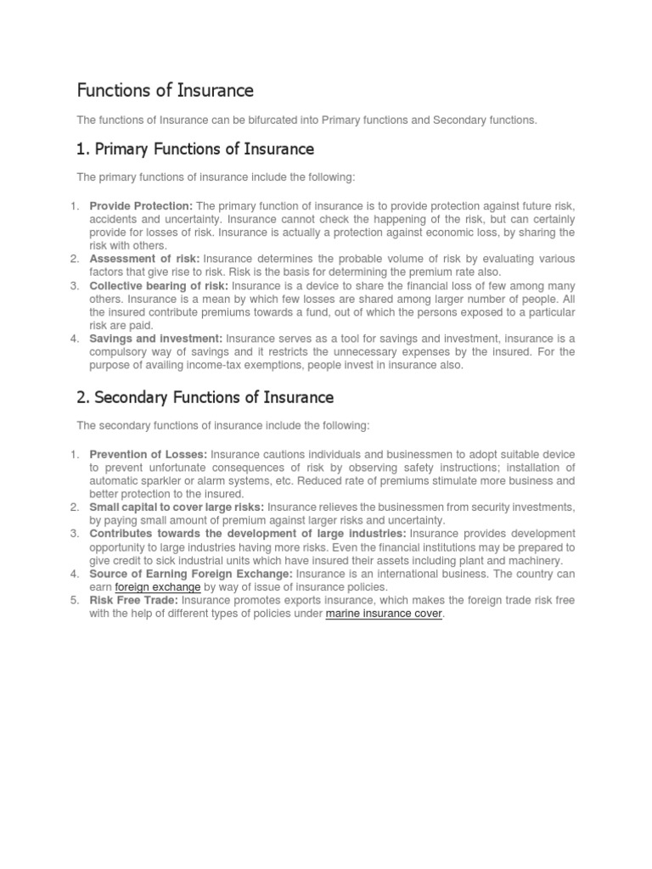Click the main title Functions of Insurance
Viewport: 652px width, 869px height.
[166, 90]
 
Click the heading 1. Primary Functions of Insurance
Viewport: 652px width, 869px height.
[195, 149]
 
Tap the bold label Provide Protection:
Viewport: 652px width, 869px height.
[141, 206]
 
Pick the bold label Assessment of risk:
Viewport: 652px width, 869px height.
[144, 259]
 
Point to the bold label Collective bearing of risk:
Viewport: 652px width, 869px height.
[158, 285]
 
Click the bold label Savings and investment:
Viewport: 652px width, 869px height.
[155, 339]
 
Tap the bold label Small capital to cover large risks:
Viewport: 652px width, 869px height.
[177, 507]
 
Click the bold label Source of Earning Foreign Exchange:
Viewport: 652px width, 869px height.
[191, 574]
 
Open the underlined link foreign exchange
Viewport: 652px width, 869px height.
[157, 587]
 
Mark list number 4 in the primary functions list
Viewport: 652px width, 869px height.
[74, 339]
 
